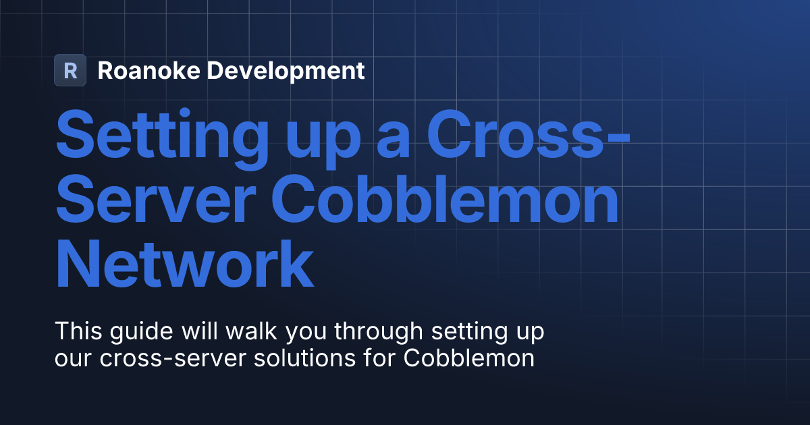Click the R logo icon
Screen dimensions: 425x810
[x=70, y=70]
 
